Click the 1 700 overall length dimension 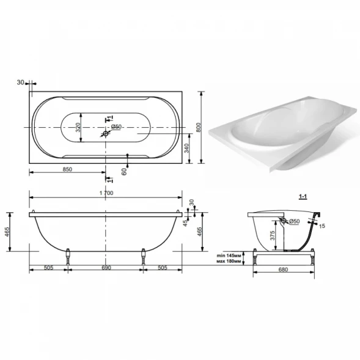coord(106,193)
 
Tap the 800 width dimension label coord(199,127)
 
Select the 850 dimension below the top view coord(67,169)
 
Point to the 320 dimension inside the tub coord(78,127)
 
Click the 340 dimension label coord(186,148)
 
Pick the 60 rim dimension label coord(124,172)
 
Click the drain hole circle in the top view coord(106,133)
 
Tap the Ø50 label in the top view coord(116,127)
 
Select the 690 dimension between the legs coord(106,268)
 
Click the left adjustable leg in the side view coord(68,257)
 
